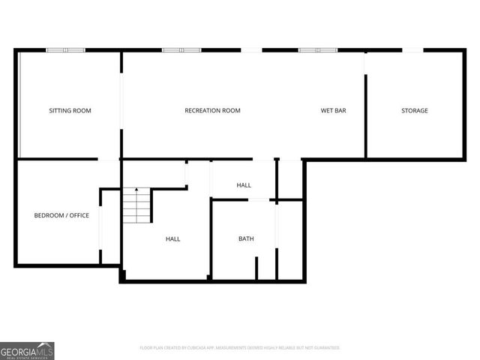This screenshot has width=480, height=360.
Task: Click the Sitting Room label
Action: click(70, 111)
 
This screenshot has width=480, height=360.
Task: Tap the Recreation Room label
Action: click(212, 111)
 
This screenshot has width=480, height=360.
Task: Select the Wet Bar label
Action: click(333, 111)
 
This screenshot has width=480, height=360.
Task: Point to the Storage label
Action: click(414, 111)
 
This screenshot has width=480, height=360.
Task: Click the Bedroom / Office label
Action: click(61, 216)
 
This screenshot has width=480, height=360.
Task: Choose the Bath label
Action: click(246, 239)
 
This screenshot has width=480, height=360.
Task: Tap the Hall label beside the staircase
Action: click(172, 239)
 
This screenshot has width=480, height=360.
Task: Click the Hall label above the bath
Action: click(244, 185)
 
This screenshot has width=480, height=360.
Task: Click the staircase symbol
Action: click(137, 207)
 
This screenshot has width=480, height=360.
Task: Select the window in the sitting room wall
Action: click(64, 50)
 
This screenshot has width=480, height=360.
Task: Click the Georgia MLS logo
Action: click(27, 350)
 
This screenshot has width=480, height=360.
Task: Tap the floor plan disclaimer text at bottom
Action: click(240, 348)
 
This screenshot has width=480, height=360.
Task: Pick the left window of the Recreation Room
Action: click(181, 50)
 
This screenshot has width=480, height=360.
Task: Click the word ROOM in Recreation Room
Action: click(231, 111)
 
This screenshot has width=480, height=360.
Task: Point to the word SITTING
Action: click(60, 111)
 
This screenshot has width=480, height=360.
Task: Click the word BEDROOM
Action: click(47, 216)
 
